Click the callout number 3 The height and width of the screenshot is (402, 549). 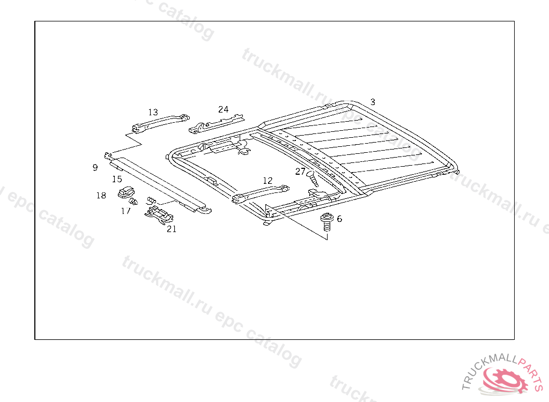[373, 102]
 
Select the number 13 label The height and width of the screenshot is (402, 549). [153, 112]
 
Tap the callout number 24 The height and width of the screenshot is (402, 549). [223, 109]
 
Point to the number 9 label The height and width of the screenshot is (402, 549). [95, 168]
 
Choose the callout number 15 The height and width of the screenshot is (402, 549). [117, 179]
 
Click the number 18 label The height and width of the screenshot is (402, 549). [101, 196]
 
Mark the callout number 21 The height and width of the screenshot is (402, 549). [171, 229]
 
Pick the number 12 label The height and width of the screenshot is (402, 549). [268, 181]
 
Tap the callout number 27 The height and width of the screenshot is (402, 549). [300, 172]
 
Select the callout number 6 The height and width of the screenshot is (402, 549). [339, 219]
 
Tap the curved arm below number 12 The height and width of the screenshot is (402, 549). [261, 193]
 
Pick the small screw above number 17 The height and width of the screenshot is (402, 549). [133, 202]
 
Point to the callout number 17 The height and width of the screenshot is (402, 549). [125, 211]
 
